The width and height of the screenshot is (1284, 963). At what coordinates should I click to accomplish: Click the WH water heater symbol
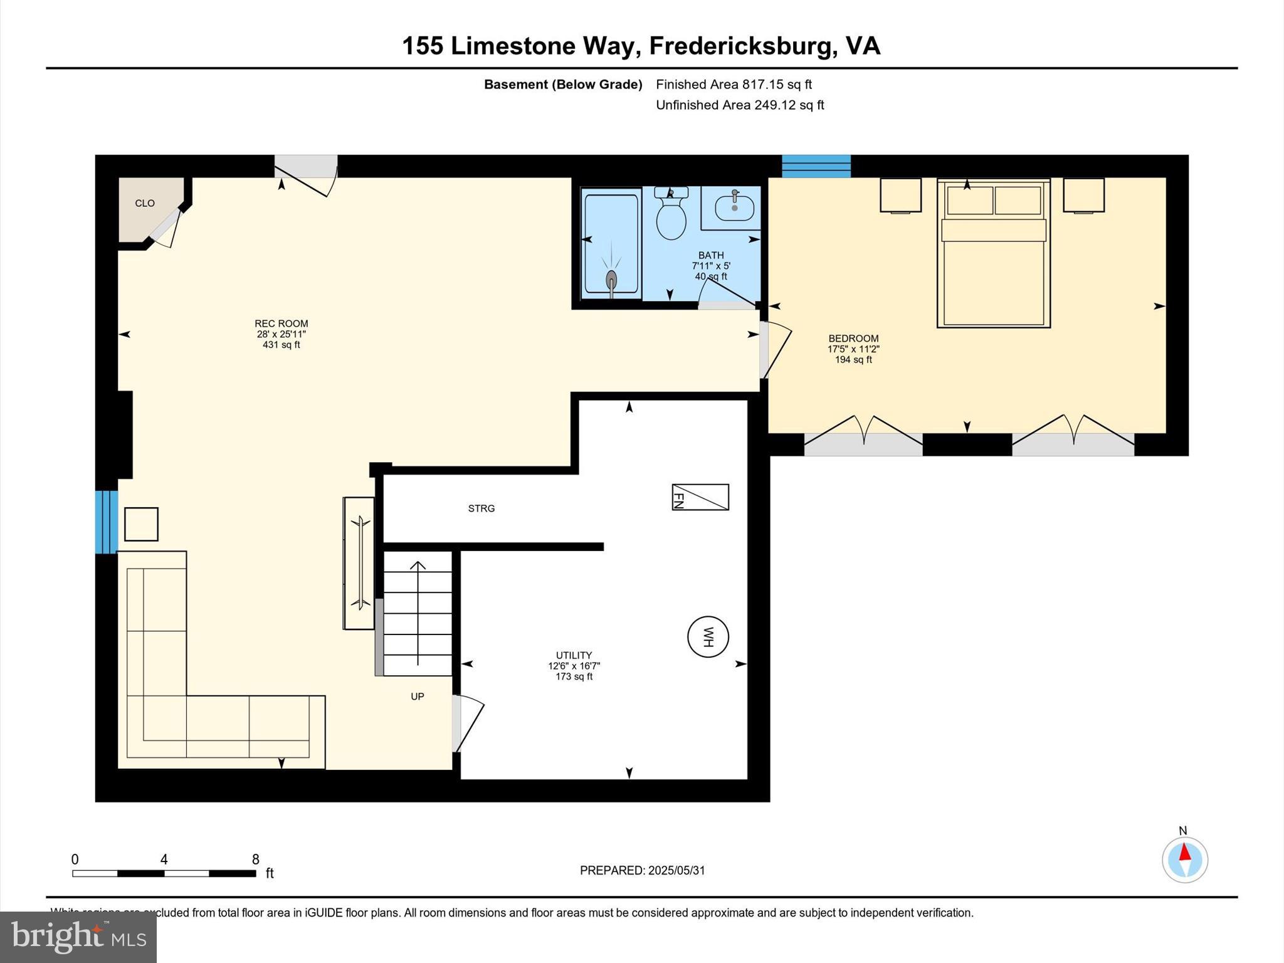pos(708,637)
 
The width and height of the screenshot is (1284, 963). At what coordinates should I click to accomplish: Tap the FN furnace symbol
pos(700,497)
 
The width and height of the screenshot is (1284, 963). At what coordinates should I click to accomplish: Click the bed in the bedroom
pos(993,263)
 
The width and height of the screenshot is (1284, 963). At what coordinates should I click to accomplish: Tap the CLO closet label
pos(145,203)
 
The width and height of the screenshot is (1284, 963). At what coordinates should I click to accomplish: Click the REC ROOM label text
pos(281,324)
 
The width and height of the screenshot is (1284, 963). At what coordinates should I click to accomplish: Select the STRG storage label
pos(481,508)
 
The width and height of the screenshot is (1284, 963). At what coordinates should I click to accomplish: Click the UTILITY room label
pos(574,655)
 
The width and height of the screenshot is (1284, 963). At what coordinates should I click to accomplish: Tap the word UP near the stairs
pos(418,697)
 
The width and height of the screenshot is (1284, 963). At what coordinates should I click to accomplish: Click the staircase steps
pos(418,614)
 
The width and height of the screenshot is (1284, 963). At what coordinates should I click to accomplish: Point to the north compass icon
pos(1184,860)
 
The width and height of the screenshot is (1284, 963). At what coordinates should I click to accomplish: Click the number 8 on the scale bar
pos(256,859)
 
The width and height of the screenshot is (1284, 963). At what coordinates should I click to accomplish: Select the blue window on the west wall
pos(107,522)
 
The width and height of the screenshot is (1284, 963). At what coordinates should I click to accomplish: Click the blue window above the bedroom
pos(816,166)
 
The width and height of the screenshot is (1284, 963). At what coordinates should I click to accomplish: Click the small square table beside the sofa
pos(141,524)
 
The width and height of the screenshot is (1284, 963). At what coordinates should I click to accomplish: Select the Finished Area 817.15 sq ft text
pos(734,84)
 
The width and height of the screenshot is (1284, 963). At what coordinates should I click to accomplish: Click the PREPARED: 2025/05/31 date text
pos(642,870)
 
